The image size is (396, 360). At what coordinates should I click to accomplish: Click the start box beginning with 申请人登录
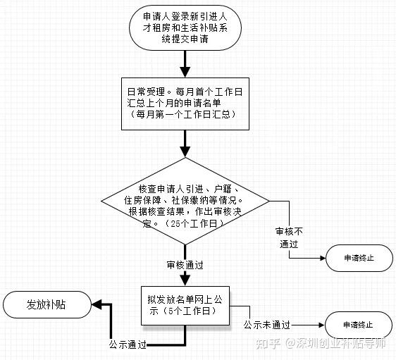click(x=185, y=27)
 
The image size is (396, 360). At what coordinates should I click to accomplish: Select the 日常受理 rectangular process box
click(x=185, y=104)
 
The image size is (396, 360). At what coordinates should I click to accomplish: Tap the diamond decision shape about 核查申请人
click(x=185, y=201)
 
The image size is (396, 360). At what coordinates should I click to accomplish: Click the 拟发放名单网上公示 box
click(x=185, y=306)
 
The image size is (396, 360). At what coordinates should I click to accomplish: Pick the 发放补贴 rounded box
click(x=47, y=304)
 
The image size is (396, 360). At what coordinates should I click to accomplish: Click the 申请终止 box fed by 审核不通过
click(x=359, y=258)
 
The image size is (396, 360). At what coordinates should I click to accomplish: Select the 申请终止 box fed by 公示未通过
click(x=359, y=325)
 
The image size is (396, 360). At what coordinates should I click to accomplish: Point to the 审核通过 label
click(x=185, y=265)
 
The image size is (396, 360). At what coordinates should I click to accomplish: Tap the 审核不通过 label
click(x=289, y=237)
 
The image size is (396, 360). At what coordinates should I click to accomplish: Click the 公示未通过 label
click(x=266, y=325)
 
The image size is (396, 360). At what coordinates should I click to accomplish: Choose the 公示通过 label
click(x=128, y=345)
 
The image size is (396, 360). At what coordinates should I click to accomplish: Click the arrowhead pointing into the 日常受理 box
click(x=185, y=72)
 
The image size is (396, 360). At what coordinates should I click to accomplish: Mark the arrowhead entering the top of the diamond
click(x=185, y=152)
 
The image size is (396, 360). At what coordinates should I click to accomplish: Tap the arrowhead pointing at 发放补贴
click(x=97, y=304)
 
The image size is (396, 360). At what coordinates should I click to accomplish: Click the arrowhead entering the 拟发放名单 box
click(x=185, y=280)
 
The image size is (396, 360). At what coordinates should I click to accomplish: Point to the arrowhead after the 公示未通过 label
click(x=322, y=325)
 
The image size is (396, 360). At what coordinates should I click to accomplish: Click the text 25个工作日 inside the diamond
click(x=194, y=223)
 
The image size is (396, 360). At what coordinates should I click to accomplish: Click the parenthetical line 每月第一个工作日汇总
click(x=184, y=115)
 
